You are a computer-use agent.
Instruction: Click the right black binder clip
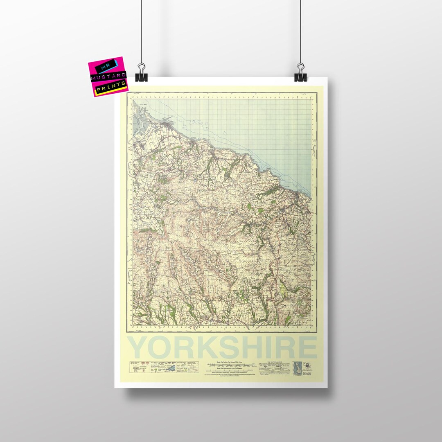click(300, 72)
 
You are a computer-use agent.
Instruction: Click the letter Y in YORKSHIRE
click(139, 347)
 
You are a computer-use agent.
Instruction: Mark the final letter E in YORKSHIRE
click(306, 347)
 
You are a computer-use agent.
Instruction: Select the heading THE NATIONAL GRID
click(274, 362)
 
